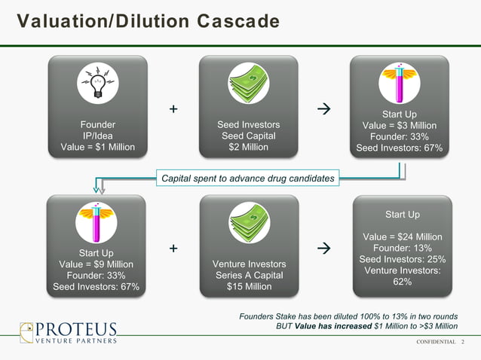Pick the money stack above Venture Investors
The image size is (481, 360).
[x=249, y=224]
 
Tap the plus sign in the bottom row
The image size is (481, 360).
[x=173, y=248]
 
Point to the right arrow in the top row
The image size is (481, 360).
[x=324, y=110]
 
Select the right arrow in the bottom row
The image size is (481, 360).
[x=324, y=248]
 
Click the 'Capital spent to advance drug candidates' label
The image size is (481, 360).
[x=247, y=178]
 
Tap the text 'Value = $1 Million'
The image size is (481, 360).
[x=97, y=147]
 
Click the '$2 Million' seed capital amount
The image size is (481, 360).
[x=248, y=147]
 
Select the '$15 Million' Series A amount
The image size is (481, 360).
[x=249, y=286]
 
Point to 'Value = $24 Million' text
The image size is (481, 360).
[x=402, y=236]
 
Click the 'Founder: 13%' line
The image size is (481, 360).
[x=402, y=248]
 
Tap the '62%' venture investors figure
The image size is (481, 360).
[x=402, y=282]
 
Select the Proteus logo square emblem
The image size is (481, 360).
[x=28, y=331]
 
